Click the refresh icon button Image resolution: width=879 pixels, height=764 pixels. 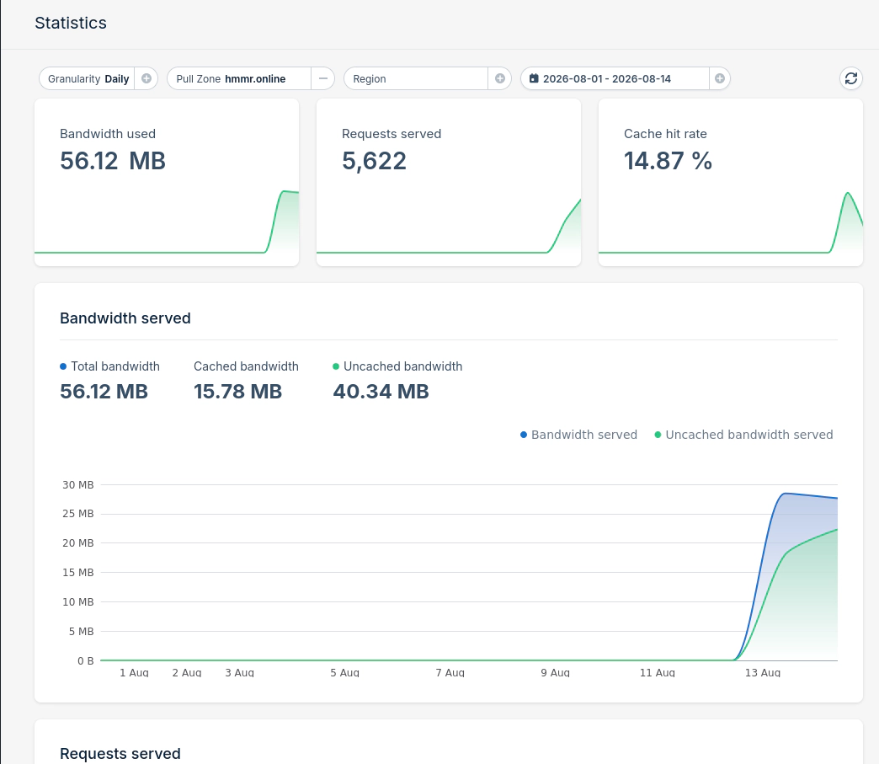pyautogui.click(x=851, y=78)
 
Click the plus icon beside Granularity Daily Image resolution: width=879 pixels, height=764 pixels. pyautogui.click(x=146, y=78)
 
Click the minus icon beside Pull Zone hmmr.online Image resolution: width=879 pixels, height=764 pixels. pyautogui.click(x=323, y=78)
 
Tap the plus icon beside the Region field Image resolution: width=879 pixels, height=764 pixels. pyautogui.click(x=500, y=78)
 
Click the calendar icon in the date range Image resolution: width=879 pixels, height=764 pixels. pyautogui.click(x=534, y=78)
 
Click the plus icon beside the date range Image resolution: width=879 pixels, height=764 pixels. pyautogui.click(x=720, y=78)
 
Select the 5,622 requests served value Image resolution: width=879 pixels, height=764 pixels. pyautogui.click(x=374, y=162)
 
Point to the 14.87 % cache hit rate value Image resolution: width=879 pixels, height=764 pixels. pyautogui.click(x=668, y=161)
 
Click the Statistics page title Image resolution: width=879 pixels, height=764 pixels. pyautogui.click(x=71, y=23)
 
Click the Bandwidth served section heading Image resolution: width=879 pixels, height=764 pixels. pyautogui.click(x=125, y=318)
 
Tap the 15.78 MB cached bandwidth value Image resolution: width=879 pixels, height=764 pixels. pyautogui.click(x=237, y=392)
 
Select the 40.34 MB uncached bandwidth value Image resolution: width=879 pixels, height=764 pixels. pyautogui.click(x=381, y=392)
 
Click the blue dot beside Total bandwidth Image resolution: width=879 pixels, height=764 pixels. pyautogui.click(x=63, y=366)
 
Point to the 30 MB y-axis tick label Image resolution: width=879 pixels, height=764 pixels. pyautogui.click(x=78, y=484)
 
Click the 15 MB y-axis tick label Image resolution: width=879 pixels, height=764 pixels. pyautogui.click(x=78, y=572)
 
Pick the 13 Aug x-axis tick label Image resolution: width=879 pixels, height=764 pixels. pyautogui.click(x=763, y=672)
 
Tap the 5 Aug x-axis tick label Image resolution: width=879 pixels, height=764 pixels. pyautogui.click(x=344, y=672)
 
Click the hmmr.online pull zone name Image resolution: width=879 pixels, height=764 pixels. pyautogui.click(x=255, y=78)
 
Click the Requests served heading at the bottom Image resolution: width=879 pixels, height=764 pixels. pyautogui.click(x=120, y=753)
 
